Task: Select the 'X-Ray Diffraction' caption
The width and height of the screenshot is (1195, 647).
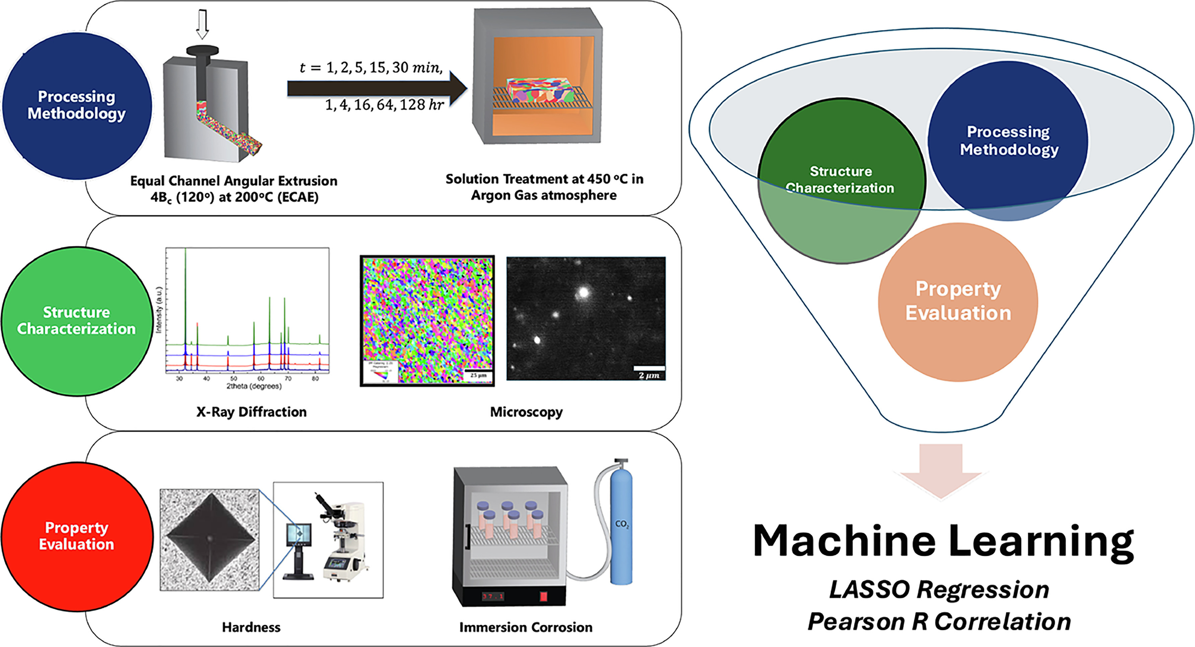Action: [x=252, y=412]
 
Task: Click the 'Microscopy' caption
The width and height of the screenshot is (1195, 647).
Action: [x=526, y=412]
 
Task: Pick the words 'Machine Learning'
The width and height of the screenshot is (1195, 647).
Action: [x=943, y=541]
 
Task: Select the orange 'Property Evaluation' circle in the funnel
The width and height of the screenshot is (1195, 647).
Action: [x=958, y=302]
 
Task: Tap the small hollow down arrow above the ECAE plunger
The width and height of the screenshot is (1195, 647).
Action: [x=202, y=24]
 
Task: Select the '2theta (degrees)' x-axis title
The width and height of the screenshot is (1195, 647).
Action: [x=254, y=386]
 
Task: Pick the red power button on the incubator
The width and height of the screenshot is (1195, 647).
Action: [x=544, y=595]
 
